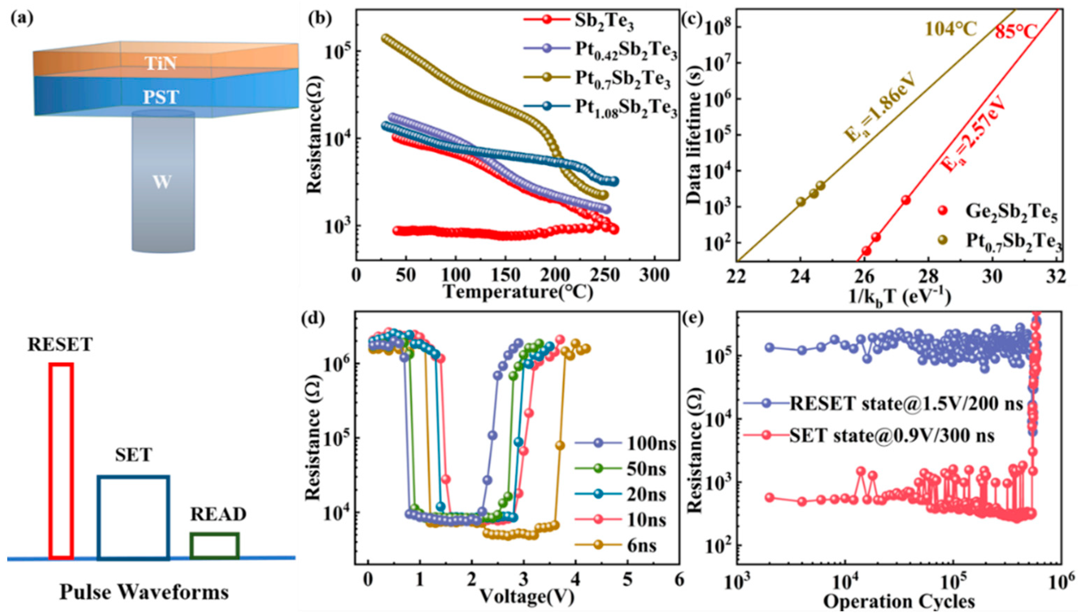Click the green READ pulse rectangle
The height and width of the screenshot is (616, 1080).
click(215, 545)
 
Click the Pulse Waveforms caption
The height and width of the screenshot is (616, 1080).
click(144, 592)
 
